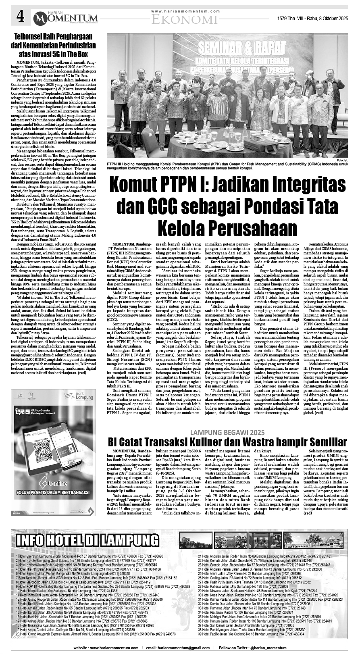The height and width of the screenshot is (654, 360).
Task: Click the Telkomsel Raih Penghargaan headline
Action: pyautogui.click(x=53, y=45)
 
